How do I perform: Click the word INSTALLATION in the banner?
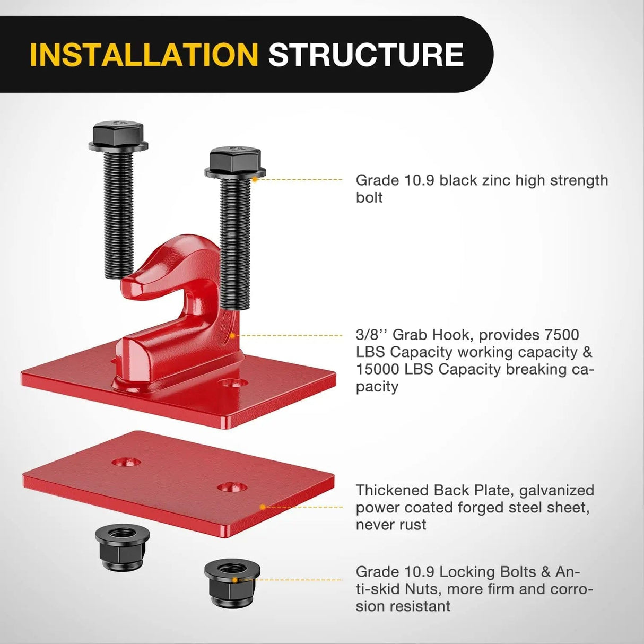click(144, 55)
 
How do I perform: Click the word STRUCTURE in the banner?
click(366, 55)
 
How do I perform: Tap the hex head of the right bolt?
click(235, 161)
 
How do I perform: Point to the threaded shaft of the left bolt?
click(118, 212)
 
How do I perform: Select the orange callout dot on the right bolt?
click(255, 180)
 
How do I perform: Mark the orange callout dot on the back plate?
click(263, 507)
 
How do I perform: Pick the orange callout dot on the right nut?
click(240, 580)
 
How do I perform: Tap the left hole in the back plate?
click(126, 462)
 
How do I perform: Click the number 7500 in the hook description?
click(562, 335)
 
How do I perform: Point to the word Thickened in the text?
click(391, 490)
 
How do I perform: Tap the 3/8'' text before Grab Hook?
click(371, 335)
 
